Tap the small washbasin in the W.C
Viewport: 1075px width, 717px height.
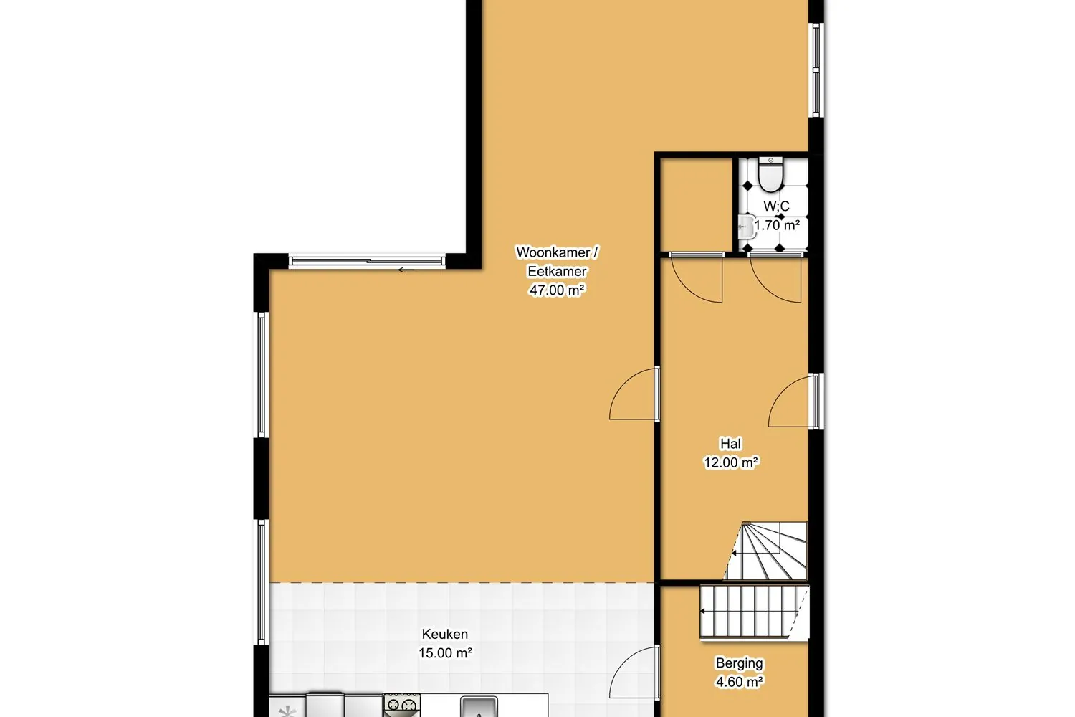(x=746, y=227)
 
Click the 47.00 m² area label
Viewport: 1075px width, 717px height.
(x=557, y=290)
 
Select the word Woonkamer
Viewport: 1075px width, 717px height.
(x=553, y=252)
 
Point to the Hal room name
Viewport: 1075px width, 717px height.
(x=730, y=443)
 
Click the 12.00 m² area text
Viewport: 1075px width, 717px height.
(x=730, y=462)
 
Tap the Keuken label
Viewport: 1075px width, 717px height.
(x=445, y=634)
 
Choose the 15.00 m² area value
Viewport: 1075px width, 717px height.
(x=445, y=653)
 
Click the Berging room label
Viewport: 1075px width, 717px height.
(x=739, y=663)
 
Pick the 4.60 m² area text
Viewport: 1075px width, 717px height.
(x=739, y=682)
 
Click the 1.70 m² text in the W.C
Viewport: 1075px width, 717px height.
(x=776, y=225)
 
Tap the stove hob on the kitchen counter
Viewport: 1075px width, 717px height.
(x=402, y=705)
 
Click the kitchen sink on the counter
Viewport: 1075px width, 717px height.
(x=479, y=707)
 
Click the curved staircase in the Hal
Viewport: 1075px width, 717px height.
(x=766, y=551)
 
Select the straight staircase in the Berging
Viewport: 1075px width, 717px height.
(x=755, y=612)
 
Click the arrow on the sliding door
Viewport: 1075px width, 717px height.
(x=406, y=270)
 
